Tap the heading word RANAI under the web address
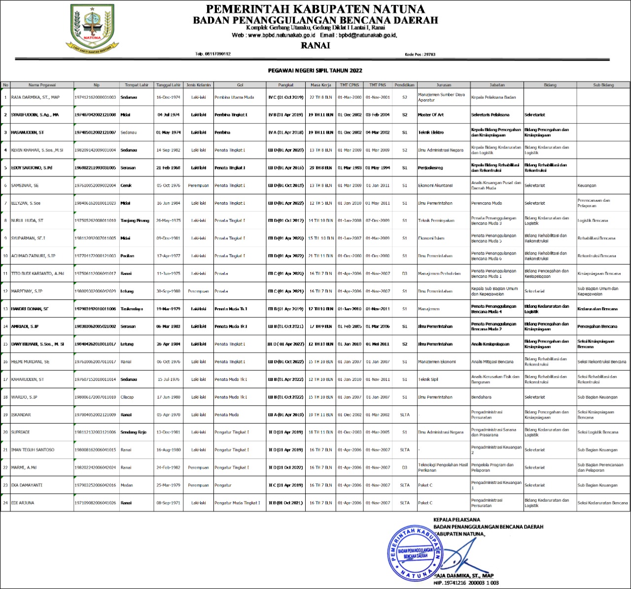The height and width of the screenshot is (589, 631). coord(315,45)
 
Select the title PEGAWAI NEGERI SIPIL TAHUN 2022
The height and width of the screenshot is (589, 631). coord(315,71)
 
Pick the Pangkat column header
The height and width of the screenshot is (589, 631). coord(286,85)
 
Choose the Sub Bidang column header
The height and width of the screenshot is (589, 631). coord(603,85)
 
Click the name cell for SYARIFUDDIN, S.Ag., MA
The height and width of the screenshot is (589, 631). coord(35,115)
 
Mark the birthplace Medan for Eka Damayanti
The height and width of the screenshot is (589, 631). coord(127,485)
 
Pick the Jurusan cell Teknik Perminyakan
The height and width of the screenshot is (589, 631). coord(436,221)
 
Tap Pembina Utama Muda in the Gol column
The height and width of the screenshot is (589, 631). coord(234,97)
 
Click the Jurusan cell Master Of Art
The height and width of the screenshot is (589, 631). coord(431,115)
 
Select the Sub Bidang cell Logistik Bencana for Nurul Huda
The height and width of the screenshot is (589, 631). coord(593,221)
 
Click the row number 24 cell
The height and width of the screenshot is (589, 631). coord(5,503)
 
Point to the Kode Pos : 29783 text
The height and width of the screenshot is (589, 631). coord(420,54)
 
